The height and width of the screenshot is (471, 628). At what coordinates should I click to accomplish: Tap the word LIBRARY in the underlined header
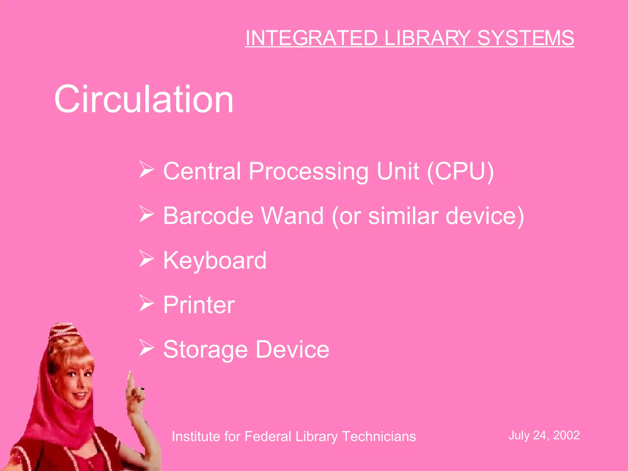pos(427,38)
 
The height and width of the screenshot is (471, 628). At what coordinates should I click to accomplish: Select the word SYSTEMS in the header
pos(526,38)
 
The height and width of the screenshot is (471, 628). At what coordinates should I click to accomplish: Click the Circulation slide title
pos(144,99)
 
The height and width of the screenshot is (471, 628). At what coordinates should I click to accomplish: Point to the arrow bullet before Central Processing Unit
pos(146,169)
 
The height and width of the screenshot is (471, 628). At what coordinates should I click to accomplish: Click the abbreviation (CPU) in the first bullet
pos(460,171)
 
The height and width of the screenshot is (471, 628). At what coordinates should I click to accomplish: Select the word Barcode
pos(208,216)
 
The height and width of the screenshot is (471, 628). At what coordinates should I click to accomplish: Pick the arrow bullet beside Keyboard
pos(146,258)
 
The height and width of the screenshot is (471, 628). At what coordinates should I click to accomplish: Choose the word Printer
pos(199,305)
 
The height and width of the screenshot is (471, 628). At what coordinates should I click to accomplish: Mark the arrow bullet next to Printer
pos(146,303)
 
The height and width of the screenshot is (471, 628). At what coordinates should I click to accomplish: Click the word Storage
pos(205,350)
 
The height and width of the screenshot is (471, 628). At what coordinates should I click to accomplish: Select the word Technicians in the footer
pos(379,436)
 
